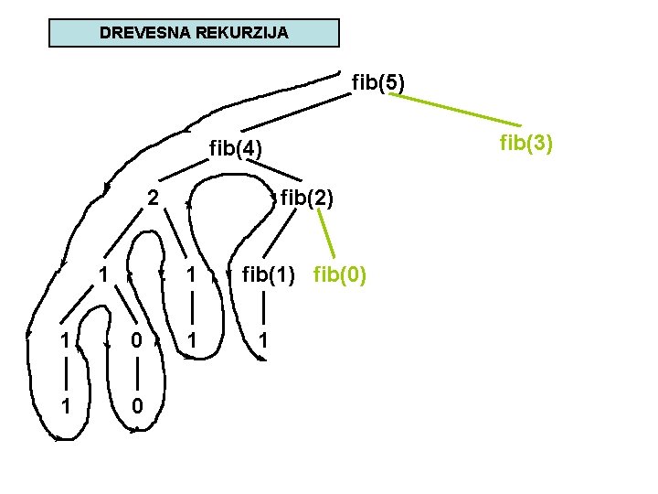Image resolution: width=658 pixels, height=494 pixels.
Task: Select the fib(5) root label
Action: pyautogui.click(x=378, y=83)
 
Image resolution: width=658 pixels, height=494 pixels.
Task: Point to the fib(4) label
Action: pyautogui.click(x=236, y=147)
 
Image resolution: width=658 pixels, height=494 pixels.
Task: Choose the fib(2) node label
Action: pyautogui.click(x=307, y=198)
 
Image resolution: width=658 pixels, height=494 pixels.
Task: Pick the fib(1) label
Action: pyautogui.click(x=269, y=274)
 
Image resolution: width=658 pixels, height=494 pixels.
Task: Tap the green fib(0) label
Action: pyautogui.click(x=340, y=274)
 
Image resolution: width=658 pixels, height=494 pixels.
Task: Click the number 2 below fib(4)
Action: pyautogui.click(x=154, y=198)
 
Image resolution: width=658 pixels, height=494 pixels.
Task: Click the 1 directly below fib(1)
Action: pyautogui.click(x=263, y=340)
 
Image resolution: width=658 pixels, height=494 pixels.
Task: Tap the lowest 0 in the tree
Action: pyautogui.click(x=135, y=405)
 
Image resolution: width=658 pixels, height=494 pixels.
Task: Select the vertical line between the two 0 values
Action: pyautogui.click(x=135, y=373)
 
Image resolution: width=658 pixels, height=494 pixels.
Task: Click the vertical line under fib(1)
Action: pyautogui.click(x=263, y=307)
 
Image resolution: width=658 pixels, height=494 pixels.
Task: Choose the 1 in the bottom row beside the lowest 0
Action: pyautogui.click(x=64, y=405)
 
